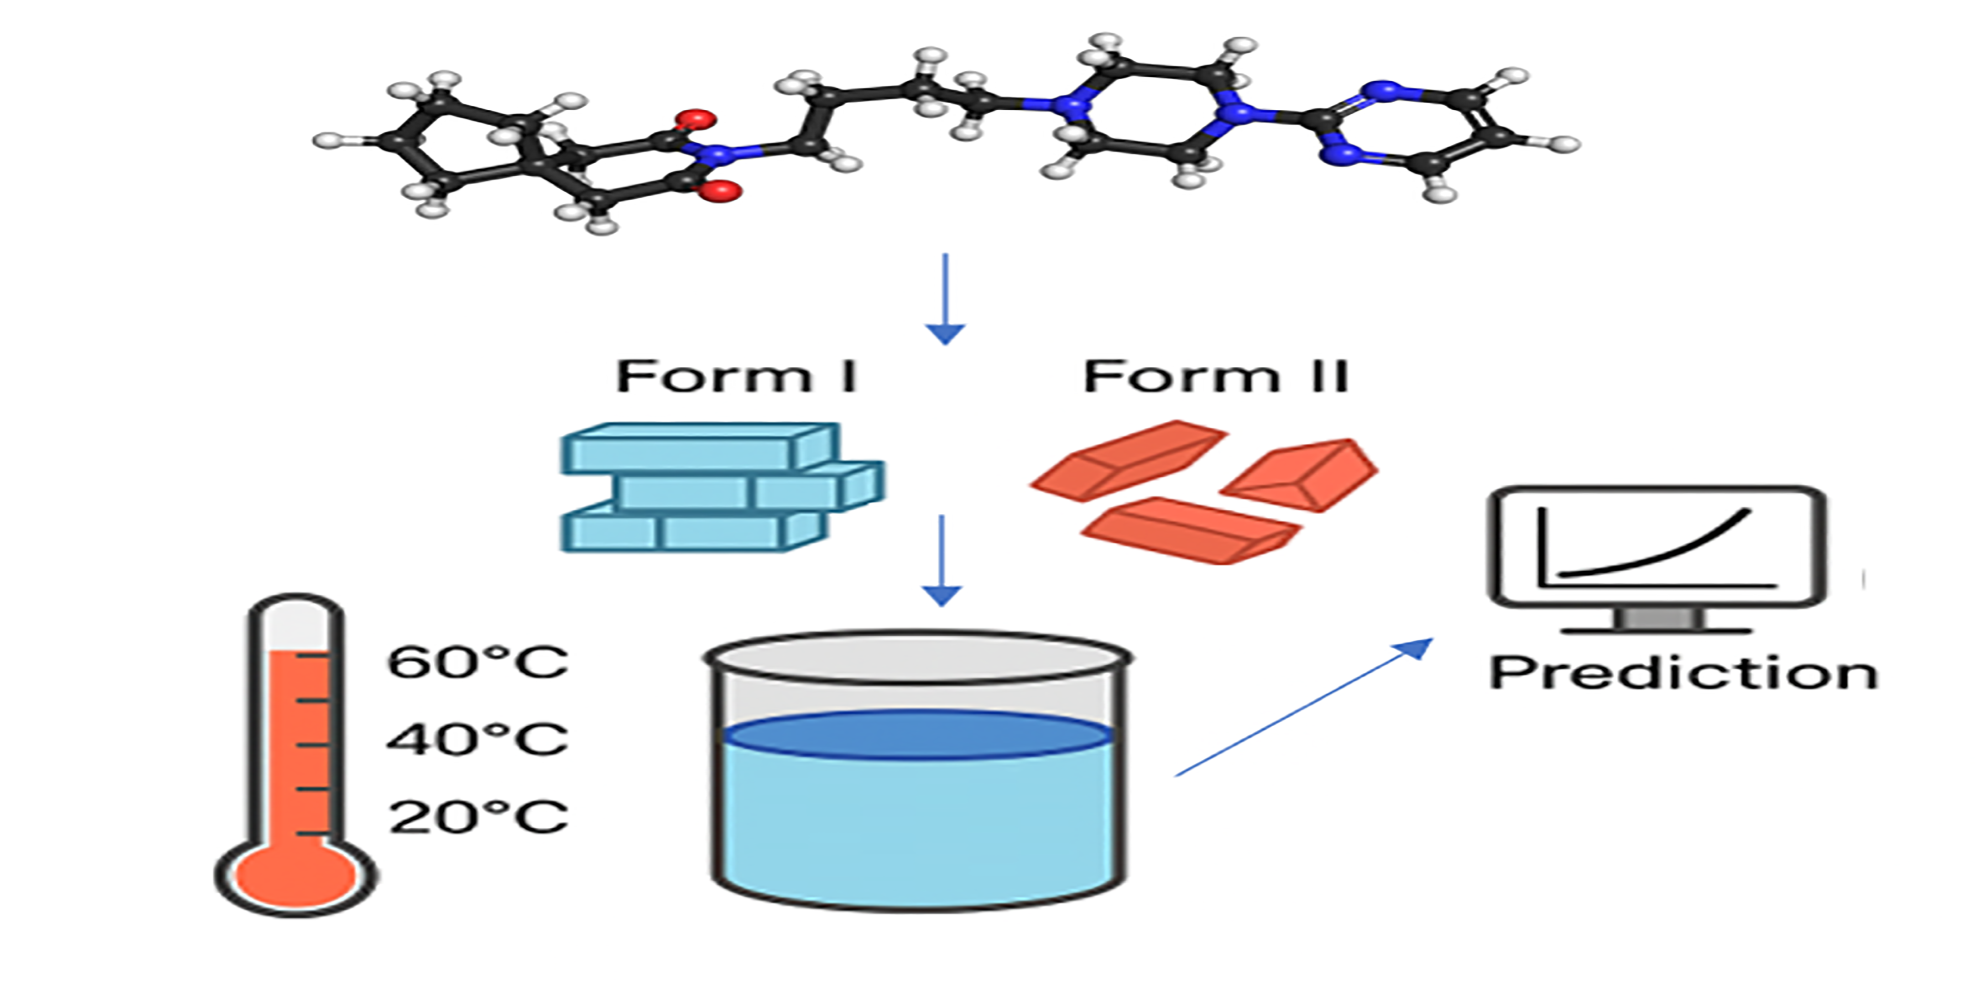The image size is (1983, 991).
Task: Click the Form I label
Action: coord(736,377)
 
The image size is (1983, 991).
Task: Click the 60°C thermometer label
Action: coord(477,662)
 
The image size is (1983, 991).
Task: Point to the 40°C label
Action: coord(477,738)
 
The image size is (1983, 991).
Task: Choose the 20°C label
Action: coord(477,817)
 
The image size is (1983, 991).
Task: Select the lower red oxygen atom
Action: coord(725,190)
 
